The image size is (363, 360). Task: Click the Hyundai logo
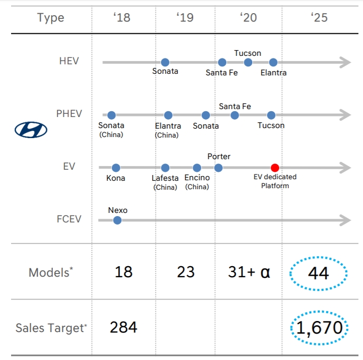(31, 130)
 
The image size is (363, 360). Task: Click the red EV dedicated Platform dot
(274, 168)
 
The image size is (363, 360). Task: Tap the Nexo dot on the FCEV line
(117, 220)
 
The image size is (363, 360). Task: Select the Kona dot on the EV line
(116, 168)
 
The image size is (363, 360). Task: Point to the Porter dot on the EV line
(218, 168)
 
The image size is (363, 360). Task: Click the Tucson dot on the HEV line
(248, 63)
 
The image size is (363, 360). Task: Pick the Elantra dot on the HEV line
(273, 63)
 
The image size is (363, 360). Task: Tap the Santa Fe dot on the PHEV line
(235, 115)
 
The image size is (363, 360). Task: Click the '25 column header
(319, 17)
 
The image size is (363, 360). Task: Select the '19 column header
(185, 17)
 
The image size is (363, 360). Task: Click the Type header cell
(50, 17)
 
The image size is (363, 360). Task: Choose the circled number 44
(318, 273)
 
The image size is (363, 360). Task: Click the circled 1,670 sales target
(319, 328)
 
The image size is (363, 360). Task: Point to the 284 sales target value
(123, 327)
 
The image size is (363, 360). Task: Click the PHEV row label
(69, 113)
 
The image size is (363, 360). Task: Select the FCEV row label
(69, 218)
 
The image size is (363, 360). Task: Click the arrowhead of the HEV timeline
(346, 63)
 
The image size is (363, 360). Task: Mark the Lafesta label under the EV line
(165, 178)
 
